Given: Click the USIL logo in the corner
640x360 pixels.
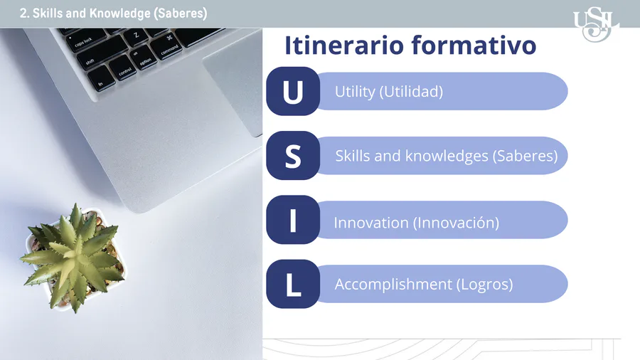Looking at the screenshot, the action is (x=597, y=24).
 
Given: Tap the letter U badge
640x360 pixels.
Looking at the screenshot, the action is (x=293, y=91).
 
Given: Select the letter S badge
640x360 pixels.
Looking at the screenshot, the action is (x=293, y=156).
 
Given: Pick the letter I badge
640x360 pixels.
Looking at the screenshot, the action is (x=293, y=220).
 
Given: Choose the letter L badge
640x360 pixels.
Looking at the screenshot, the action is (x=293, y=284).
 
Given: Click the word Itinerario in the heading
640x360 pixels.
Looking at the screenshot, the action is (x=344, y=45).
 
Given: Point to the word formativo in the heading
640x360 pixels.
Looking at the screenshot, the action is (x=474, y=45).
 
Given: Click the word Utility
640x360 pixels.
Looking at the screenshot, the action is (x=355, y=92).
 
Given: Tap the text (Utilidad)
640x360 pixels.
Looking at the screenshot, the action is (x=412, y=92).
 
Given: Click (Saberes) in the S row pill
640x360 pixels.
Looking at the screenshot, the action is (x=526, y=157).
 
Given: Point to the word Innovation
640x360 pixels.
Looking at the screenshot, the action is (x=371, y=223).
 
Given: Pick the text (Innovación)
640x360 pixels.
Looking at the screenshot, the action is (x=457, y=223).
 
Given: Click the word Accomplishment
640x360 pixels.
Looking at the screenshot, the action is (x=393, y=285).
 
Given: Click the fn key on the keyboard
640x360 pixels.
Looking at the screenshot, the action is (x=101, y=79).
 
